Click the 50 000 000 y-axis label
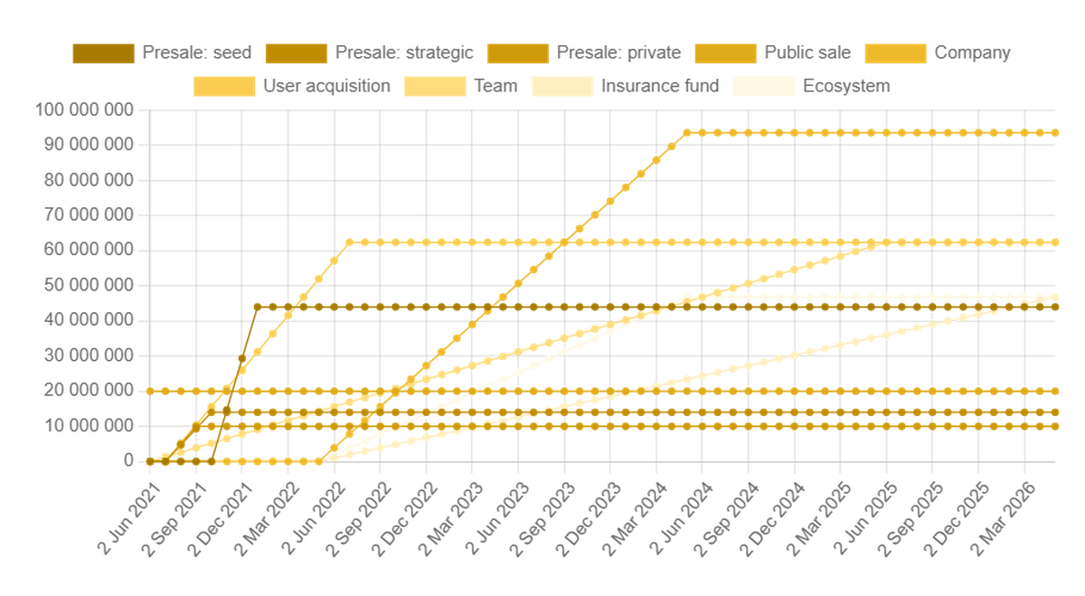[88, 285]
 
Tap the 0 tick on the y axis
[127, 460]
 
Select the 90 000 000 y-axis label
[88, 145]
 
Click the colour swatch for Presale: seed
[103, 52]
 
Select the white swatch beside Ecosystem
[765, 86]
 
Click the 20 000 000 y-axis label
[88, 390]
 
